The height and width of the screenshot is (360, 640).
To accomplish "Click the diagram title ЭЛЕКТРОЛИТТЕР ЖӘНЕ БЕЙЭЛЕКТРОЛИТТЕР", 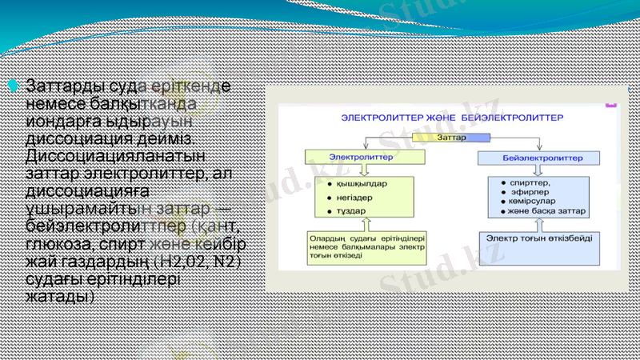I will (x=451, y=118).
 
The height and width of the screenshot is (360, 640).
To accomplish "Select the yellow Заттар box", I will (x=452, y=138).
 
